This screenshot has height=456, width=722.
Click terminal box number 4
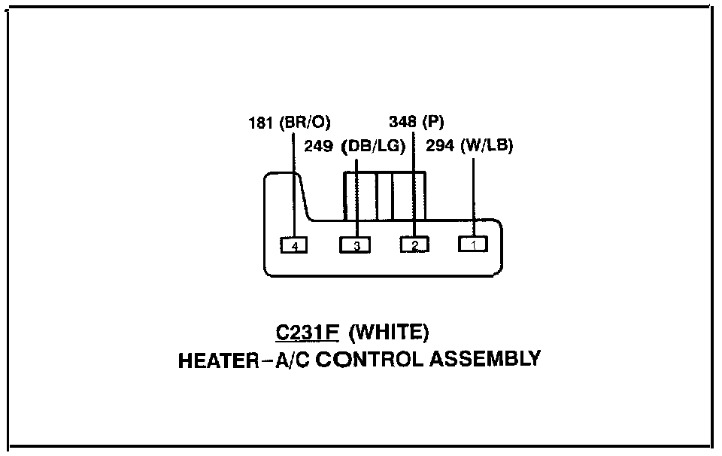(294, 245)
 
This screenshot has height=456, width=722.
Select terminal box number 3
(355, 245)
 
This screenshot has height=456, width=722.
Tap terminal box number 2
(414, 245)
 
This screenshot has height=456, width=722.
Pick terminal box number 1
(473, 245)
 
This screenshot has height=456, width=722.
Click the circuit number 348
(403, 122)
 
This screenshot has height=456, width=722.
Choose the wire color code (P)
(435, 122)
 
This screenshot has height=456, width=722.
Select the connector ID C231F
(306, 333)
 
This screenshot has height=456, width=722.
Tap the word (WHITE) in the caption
(390, 333)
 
